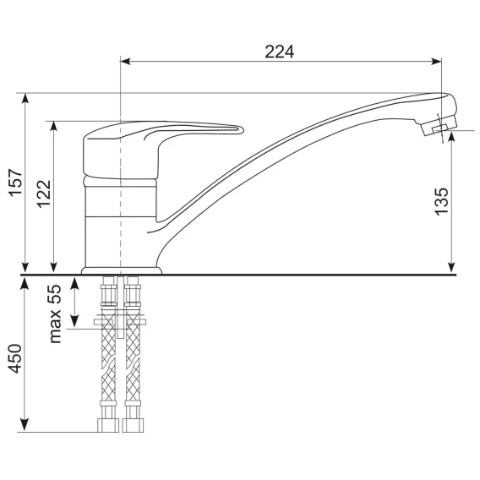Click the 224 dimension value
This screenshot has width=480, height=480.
[279, 52]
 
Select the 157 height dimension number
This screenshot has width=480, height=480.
[15, 183]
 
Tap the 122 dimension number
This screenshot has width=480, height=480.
[44, 194]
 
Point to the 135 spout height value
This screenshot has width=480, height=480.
[442, 202]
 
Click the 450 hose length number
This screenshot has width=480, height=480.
[15, 359]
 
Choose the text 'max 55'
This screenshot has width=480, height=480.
[55, 314]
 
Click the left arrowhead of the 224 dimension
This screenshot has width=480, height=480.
[125, 61]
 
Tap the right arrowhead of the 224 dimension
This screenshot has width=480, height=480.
[436, 61]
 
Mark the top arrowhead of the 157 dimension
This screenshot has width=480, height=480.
[25, 99]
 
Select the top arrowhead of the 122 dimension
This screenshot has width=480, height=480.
[53, 127]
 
